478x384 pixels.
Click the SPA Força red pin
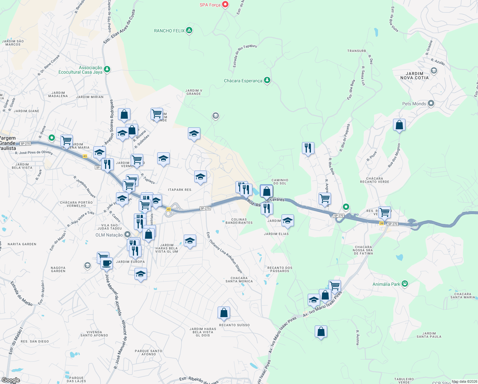[225, 4]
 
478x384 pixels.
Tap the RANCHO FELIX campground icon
[189, 30]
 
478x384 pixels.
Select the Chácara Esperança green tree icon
[267, 80]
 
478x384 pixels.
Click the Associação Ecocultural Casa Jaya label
[81, 70]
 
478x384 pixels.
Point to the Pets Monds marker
[431, 103]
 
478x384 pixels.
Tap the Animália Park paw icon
[405, 284]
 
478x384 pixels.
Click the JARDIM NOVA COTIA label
[414, 76]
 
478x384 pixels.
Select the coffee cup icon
[107, 263]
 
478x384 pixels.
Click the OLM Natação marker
[127, 235]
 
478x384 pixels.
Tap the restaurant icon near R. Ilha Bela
[308, 148]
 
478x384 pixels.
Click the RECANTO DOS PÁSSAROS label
[280, 269]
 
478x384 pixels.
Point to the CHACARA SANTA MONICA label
[239, 280]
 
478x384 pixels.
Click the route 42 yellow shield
[169, 209]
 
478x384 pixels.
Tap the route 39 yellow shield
[382, 223]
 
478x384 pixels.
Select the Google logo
[11, 380]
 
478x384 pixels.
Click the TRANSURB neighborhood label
[357, 51]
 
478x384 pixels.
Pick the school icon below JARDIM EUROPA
[141, 274]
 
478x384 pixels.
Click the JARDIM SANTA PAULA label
[429, 335]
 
